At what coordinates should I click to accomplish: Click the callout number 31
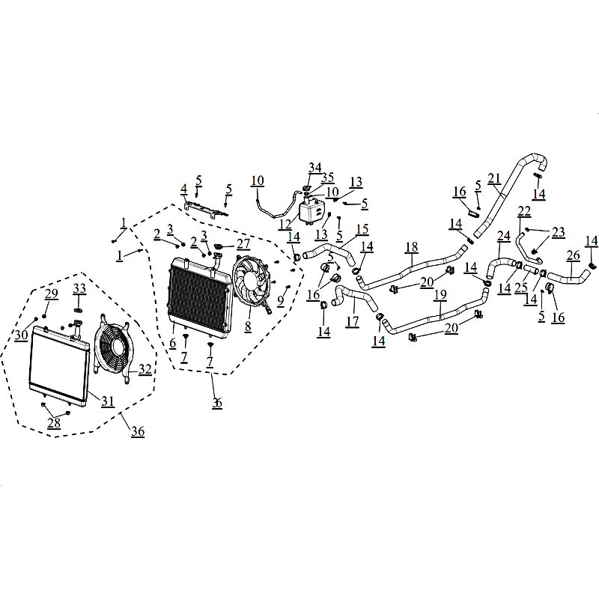point(108,401)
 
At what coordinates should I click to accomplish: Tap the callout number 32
point(145,369)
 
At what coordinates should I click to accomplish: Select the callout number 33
point(79,288)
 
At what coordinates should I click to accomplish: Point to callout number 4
point(184,189)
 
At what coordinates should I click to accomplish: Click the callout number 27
point(243,243)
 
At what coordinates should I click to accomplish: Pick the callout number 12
point(285,224)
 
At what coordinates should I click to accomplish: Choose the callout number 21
point(494,178)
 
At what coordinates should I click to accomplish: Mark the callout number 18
point(412,247)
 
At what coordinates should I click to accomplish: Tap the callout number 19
point(440,294)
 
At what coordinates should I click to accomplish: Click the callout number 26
point(574,255)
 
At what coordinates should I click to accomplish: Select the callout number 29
point(51,294)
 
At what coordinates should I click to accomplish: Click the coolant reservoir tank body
point(311,211)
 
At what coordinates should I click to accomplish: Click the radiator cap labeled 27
point(219,246)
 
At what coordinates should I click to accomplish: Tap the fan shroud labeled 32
point(113,348)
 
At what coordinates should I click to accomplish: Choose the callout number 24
point(503,236)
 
